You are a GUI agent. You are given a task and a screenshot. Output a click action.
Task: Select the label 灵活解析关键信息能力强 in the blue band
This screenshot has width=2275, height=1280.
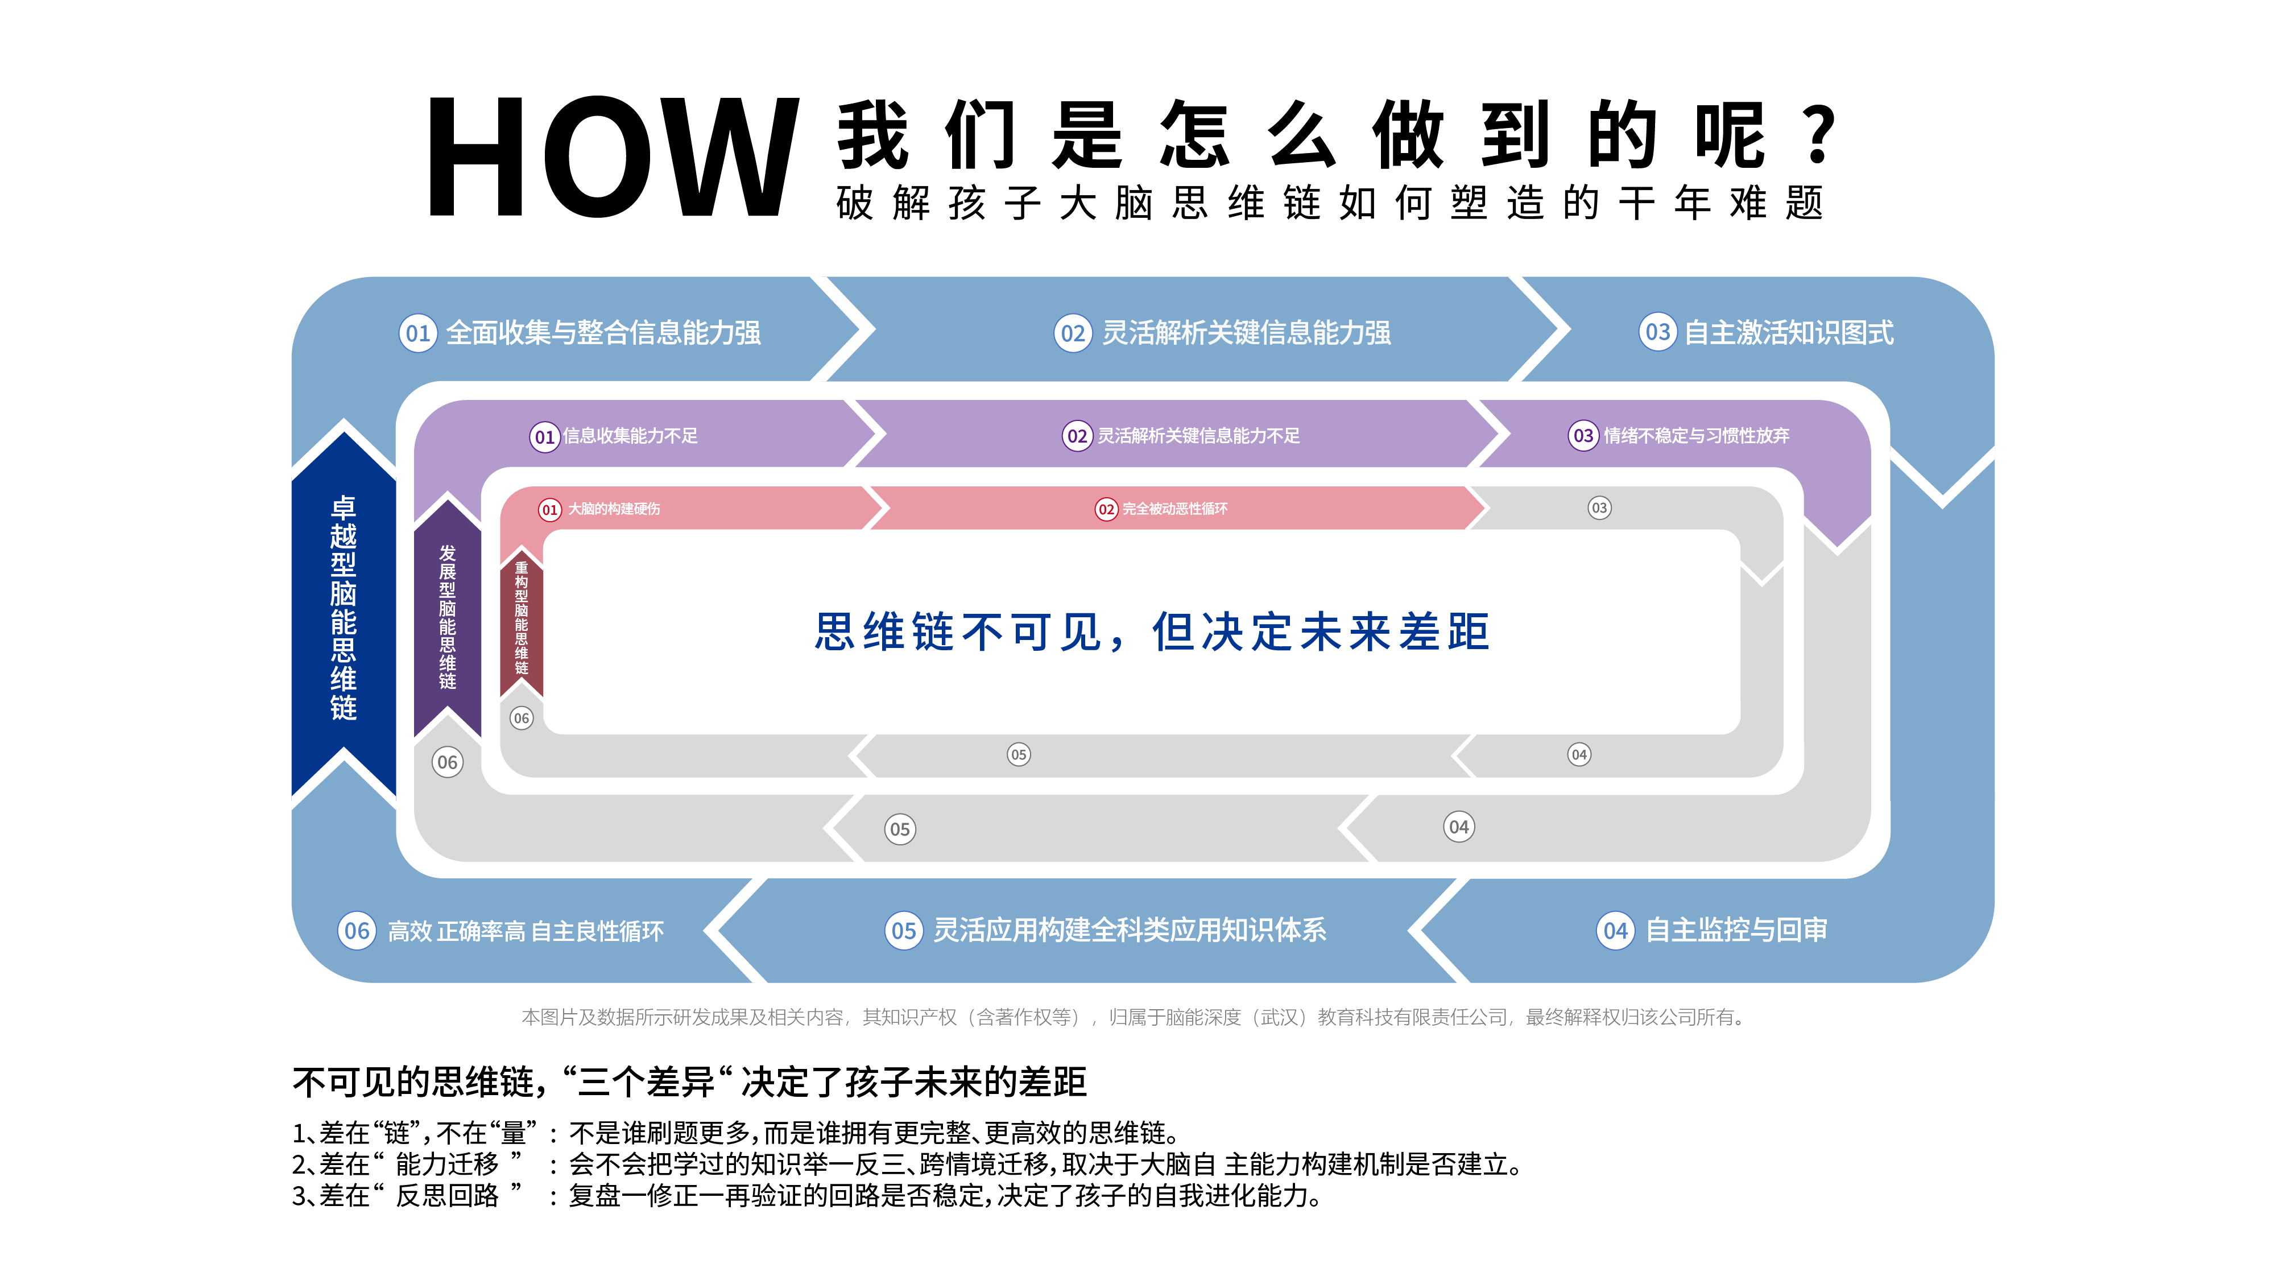click(1246, 333)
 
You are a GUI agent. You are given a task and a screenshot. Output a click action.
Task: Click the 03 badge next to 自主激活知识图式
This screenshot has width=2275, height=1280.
click(1658, 333)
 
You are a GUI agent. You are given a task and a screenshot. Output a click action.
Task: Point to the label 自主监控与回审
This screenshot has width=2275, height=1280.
click(1736, 930)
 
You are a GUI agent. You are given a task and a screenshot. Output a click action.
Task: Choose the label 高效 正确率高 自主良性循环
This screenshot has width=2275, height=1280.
click(526, 931)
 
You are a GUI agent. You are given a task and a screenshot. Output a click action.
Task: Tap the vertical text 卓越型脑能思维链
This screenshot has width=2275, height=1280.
click(344, 608)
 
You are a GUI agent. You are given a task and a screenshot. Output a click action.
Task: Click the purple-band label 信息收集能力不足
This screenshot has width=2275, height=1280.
click(630, 436)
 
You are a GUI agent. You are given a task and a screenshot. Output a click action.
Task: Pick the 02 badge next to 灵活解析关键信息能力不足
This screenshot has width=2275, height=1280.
click(1077, 436)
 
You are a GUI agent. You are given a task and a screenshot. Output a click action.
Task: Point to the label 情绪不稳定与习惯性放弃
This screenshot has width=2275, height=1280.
click(1695, 436)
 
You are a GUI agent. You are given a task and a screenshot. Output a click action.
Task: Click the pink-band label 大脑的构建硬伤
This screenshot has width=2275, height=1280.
click(614, 509)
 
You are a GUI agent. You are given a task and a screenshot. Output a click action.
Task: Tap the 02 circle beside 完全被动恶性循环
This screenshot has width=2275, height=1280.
click(1106, 510)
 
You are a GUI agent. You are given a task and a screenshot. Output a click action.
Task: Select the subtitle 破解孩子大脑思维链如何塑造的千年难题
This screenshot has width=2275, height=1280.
click(1329, 203)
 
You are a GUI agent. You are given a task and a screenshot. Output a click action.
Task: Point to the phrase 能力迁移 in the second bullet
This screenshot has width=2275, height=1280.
click(447, 1165)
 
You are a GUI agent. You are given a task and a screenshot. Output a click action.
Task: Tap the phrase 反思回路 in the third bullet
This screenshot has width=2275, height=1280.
click(447, 1196)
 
